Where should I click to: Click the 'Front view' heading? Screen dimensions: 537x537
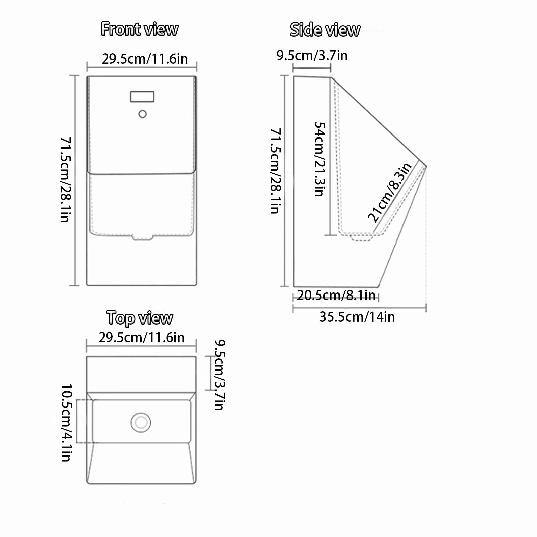140,29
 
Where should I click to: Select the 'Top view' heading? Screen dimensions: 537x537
140,318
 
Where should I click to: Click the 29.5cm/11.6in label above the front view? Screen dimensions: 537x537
145,59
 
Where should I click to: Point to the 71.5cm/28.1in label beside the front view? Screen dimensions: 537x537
65,179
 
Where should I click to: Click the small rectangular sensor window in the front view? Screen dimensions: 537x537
142,97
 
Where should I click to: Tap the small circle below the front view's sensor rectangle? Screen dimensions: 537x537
143,114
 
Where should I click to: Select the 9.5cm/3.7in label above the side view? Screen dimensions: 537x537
312,55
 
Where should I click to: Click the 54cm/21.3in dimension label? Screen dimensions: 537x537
320,159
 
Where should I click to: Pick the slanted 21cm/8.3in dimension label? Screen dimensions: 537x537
390,193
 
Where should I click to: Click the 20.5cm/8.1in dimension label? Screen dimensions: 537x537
336,295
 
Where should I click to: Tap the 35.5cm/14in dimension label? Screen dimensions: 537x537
357,317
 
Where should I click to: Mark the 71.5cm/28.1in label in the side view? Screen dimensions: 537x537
276,171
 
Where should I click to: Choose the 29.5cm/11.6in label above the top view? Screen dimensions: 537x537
142,337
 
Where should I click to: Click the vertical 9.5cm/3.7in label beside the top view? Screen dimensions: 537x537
220,375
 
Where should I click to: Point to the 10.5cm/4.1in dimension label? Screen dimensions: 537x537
66,423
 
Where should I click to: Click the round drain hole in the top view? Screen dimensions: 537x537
141,422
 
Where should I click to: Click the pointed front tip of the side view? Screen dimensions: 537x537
426,166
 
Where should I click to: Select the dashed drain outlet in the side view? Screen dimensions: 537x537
362,237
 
